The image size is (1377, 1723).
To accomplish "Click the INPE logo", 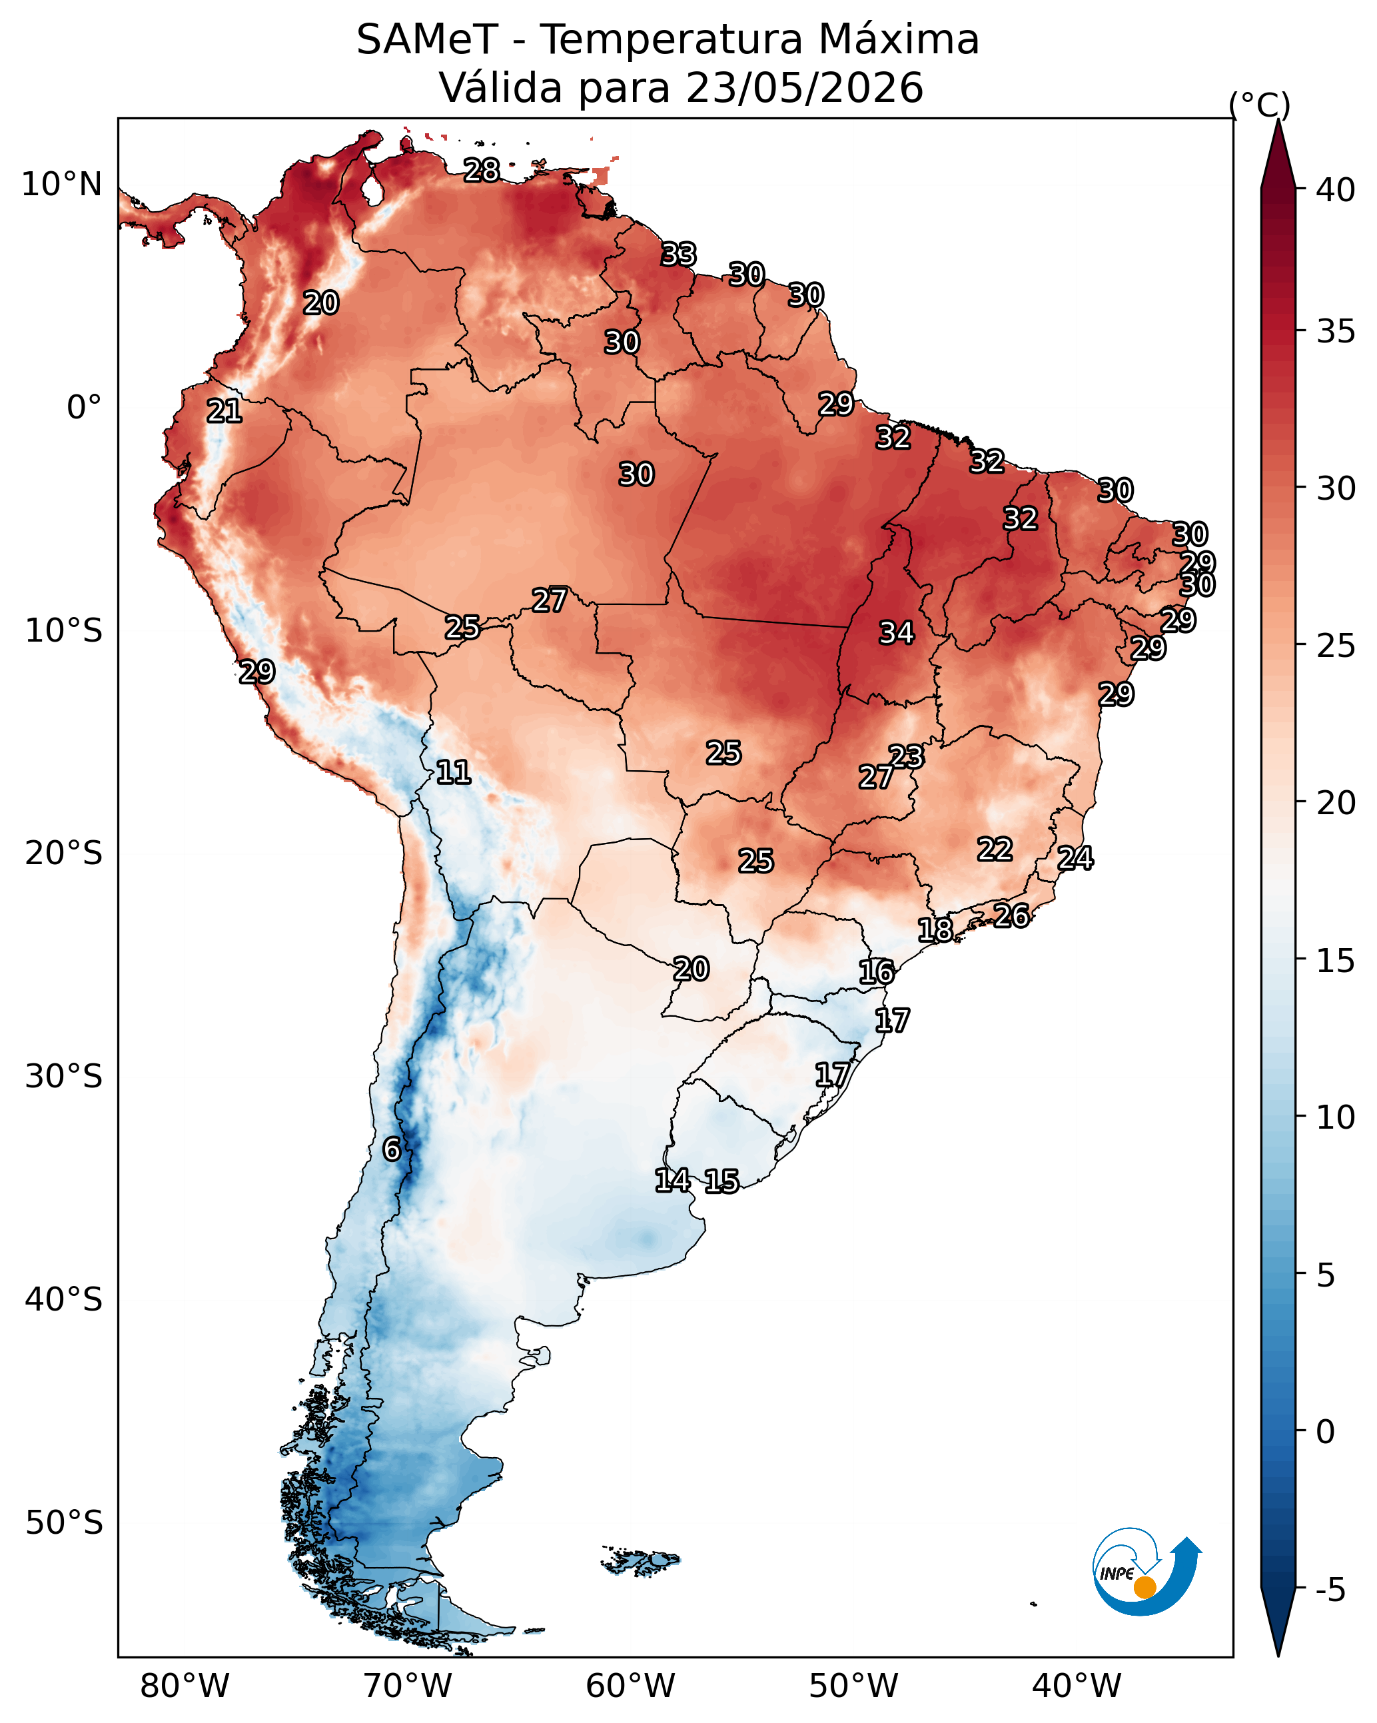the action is click(x=1147, y=1570).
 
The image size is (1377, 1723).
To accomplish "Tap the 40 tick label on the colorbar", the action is click(x=1336, y=189).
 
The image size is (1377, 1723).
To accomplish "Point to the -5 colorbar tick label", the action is click(x=1330, y=1590).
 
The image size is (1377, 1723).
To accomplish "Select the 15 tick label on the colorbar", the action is click(x=1336, y=961).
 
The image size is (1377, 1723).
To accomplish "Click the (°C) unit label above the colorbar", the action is click(x=1260, y=105).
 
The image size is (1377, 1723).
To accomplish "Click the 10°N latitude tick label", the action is click(x=61, y=185).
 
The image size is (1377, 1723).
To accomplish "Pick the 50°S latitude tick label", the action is click(x=64, y=1523).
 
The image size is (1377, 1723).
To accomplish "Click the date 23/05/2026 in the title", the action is click(x=804, y=87).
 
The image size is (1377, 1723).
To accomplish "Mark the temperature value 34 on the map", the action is click(x=897, y=633).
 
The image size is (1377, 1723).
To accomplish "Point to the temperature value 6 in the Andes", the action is click(x=392, y=1149).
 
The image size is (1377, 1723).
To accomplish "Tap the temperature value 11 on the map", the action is click(x=453, y=772).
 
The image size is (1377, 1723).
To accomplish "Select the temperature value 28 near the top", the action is click(x=482, y=170).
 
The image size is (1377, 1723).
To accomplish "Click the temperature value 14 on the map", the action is click(x=673, y=1181).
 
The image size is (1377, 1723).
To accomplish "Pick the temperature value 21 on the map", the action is click(x=225, y=412).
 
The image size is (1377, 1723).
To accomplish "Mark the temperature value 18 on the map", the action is click(x=935, y=930).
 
